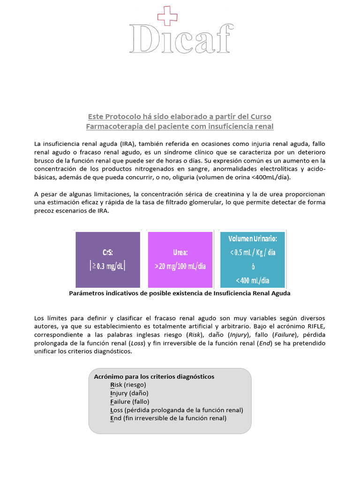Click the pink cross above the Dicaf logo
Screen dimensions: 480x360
point(165,15)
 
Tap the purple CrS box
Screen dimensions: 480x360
point(108,260)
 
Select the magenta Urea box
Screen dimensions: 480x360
point(180,260)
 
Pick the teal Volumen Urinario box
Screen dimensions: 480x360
point(253,260)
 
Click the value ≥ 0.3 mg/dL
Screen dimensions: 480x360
point(108,266)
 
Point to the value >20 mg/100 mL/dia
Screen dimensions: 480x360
point(180,266)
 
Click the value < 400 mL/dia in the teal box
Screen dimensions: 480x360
point(253,281)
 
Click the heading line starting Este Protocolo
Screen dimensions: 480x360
point(180,116)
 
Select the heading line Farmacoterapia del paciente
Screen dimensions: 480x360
point(180,127)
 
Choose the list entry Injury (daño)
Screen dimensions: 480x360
point(129,393)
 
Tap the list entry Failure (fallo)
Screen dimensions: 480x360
point(129,402)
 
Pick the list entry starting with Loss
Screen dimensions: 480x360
point(176,410)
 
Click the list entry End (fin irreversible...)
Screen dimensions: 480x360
point(168,418)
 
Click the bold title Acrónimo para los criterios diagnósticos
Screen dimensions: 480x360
point(154,376)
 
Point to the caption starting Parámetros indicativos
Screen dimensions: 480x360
point(180,293)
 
